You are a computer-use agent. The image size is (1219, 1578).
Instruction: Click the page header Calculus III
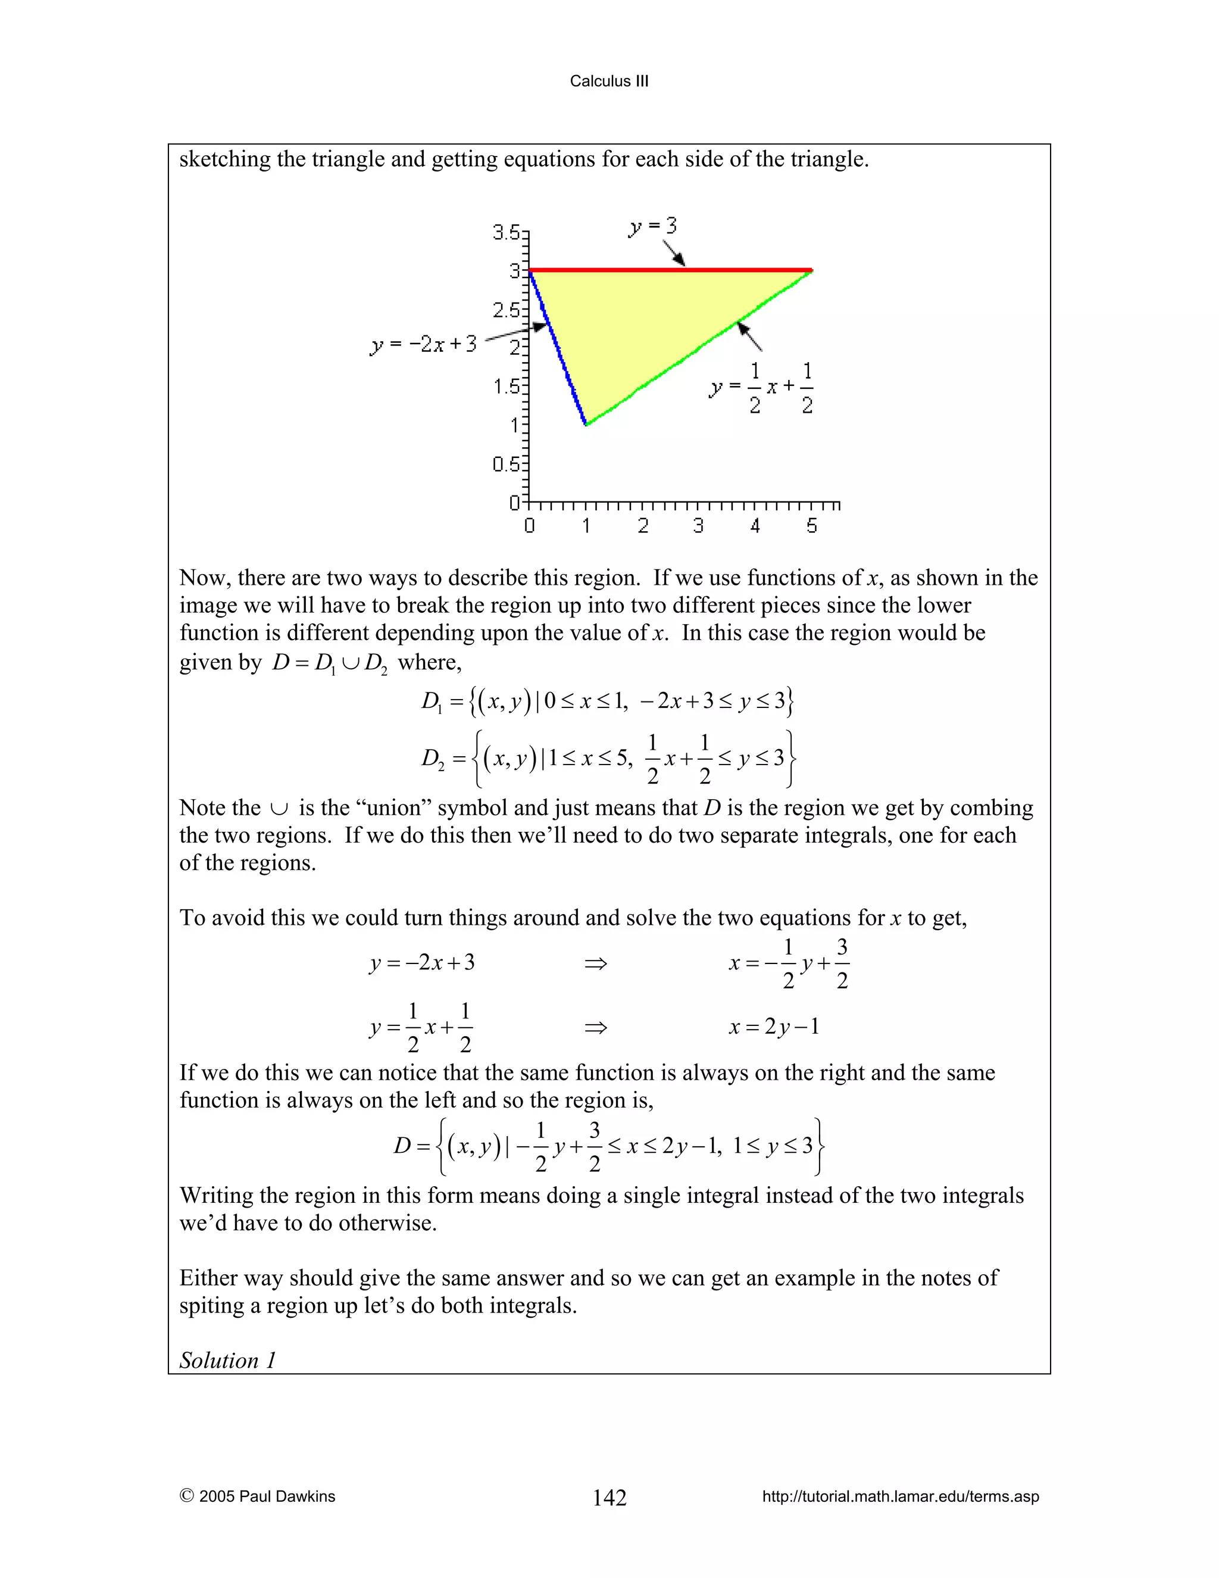[x=609, y=81]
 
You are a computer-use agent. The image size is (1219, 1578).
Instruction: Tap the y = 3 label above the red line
[x=652, y=226]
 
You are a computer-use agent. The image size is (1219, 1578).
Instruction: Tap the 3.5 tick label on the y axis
[x=507, y=233]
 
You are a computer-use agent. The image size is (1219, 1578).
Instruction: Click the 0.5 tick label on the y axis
[x=507, y=464]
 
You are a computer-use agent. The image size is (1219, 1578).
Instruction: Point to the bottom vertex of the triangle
[x=586, y=424]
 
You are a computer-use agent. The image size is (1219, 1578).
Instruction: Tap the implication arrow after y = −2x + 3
[x=596, y=963]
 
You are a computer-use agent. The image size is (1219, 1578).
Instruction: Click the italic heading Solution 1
[x=227, y=1361]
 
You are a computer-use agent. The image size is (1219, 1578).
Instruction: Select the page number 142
[x=609, y=1497]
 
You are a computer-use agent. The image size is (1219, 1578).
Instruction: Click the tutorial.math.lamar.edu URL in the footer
[x=900, y=1496]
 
